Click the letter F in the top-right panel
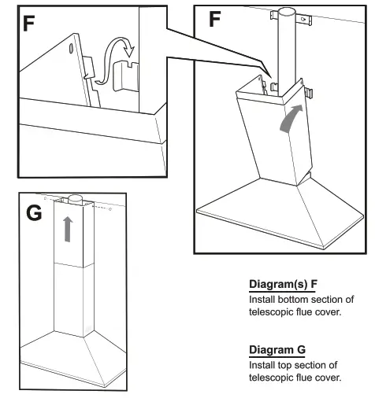(x=215, y=20)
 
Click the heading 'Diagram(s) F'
(x=282, y=285)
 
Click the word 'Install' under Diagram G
(x=262, y=365)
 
